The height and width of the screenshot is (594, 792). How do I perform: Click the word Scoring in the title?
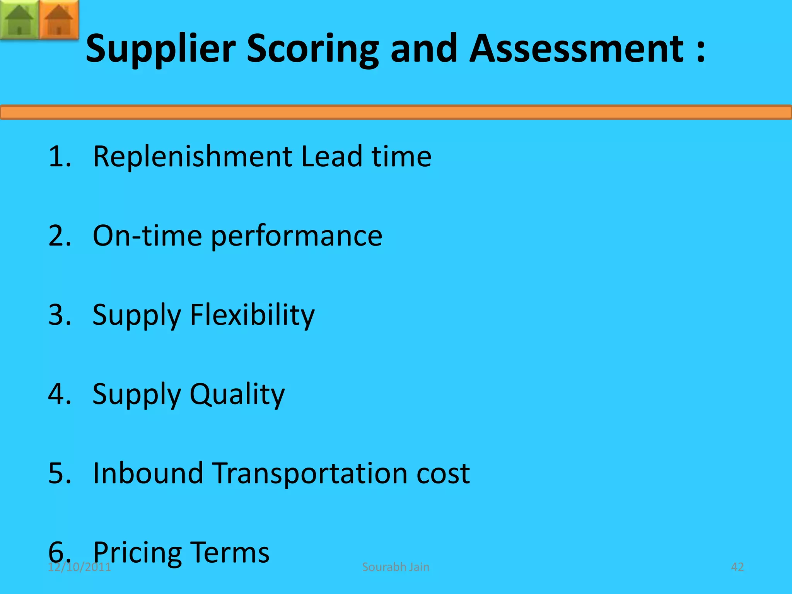(312, 49)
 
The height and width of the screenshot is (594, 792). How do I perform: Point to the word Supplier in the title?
(160, 49)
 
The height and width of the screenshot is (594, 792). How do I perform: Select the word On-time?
(147, 236)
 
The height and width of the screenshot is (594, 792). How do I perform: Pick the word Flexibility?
(252, 315)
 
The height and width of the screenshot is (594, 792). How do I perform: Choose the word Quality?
(237, 394)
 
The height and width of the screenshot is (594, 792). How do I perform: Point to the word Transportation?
(310, 473)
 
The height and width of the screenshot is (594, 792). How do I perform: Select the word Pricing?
(137, 553)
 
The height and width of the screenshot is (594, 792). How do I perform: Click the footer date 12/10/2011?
(79, 567)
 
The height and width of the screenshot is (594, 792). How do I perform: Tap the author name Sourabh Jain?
(396, 567)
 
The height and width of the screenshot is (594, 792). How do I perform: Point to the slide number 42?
(737, 567)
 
